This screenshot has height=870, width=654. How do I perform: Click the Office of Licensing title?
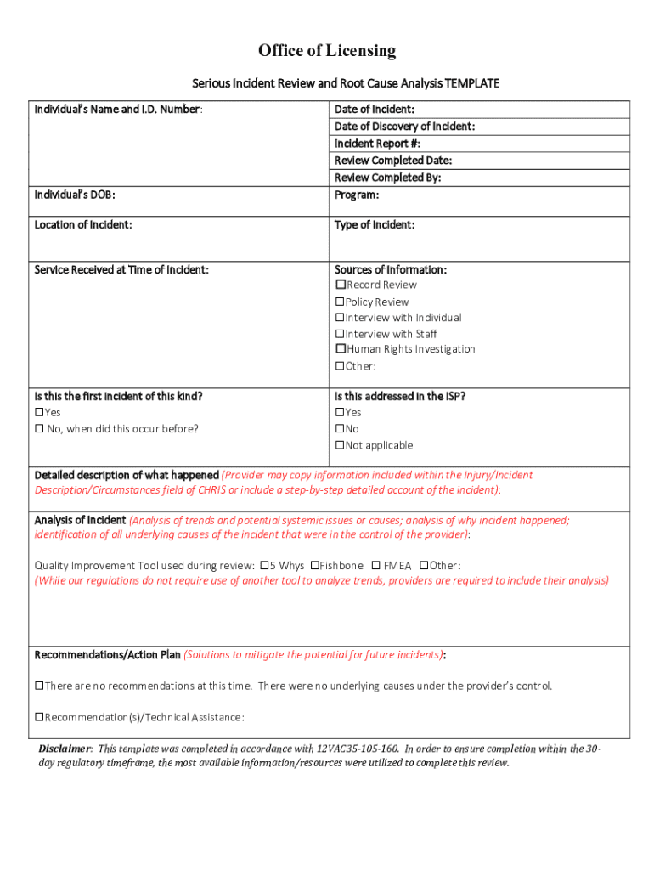327,51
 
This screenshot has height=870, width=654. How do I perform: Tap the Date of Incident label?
374,110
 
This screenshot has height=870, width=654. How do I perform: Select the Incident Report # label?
377,144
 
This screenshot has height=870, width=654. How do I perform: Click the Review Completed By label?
387,178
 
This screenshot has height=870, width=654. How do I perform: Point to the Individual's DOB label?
75,195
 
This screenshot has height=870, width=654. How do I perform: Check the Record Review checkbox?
341,285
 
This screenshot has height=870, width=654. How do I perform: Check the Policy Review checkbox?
341,302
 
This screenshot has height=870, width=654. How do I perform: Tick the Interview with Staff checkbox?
341,334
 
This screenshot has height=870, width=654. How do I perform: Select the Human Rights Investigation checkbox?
341,349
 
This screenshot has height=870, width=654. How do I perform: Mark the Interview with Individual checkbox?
341,318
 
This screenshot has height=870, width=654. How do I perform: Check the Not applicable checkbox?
341,445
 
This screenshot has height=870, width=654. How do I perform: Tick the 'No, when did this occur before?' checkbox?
39,429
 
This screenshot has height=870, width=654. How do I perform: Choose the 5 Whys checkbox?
264,566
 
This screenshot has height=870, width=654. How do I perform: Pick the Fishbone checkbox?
314,566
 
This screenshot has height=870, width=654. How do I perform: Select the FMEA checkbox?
375,566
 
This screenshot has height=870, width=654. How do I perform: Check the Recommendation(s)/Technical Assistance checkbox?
39,718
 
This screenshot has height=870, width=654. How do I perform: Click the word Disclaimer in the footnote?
65,749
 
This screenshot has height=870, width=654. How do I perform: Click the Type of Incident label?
375,225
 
